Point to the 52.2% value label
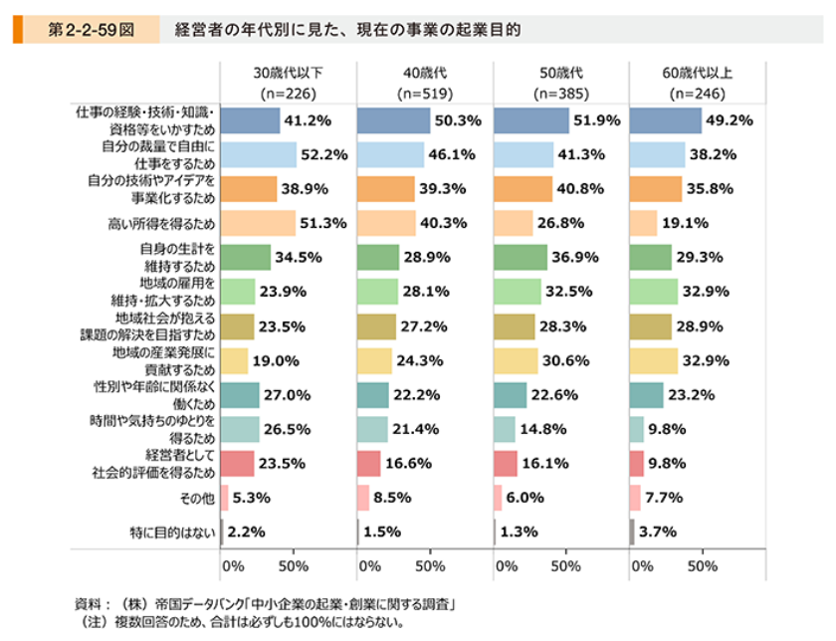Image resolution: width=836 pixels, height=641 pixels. (x=322, y=154)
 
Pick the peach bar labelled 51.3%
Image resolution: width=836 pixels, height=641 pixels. (x=257, y=223)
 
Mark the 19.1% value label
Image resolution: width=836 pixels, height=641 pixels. (x=684, y=223)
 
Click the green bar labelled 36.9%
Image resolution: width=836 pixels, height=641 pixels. (x=520, y=257)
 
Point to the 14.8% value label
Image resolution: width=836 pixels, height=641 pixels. (x=543, y=429)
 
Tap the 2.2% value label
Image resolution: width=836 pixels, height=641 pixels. (x=246, y=532)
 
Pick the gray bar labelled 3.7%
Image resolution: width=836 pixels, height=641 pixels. (x=632, y=532)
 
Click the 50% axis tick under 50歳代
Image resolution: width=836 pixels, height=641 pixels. (x=565, y=565)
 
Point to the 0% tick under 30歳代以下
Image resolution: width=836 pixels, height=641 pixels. (x=232, y=565)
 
